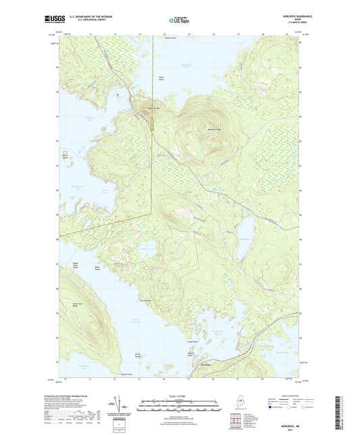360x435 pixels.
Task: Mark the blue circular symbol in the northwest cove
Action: coord(118,95)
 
